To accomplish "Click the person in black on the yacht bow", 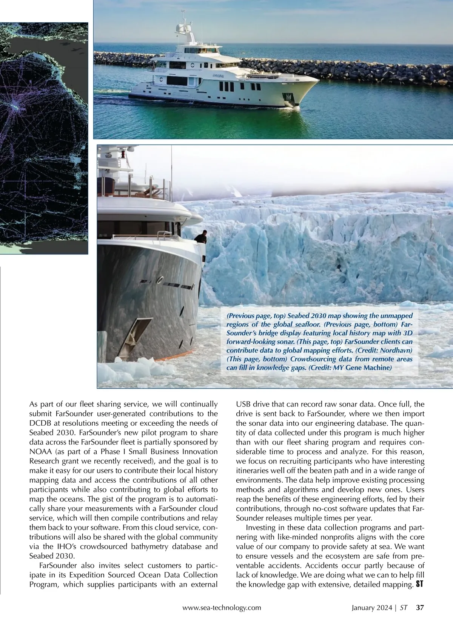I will [x=201, y=237].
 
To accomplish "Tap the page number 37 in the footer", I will [x=420, y=608].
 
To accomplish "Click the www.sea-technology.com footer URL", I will [x=222, y=608].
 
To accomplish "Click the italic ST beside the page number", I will [x=404, y=608].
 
